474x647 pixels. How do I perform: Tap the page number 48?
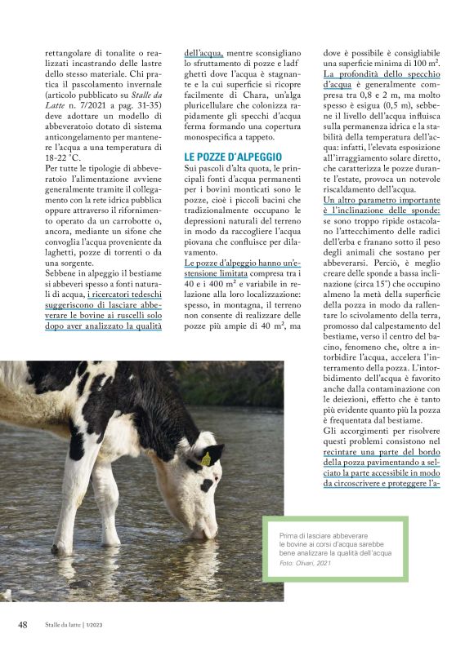24,624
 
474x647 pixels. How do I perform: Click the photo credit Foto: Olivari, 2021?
305,563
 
